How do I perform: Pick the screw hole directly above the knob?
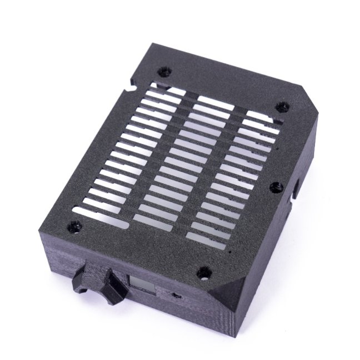[74, 227]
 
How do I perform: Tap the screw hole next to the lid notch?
[164, 72]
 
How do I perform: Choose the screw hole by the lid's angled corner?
[282, 106]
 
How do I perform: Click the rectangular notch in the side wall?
[294, 189]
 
